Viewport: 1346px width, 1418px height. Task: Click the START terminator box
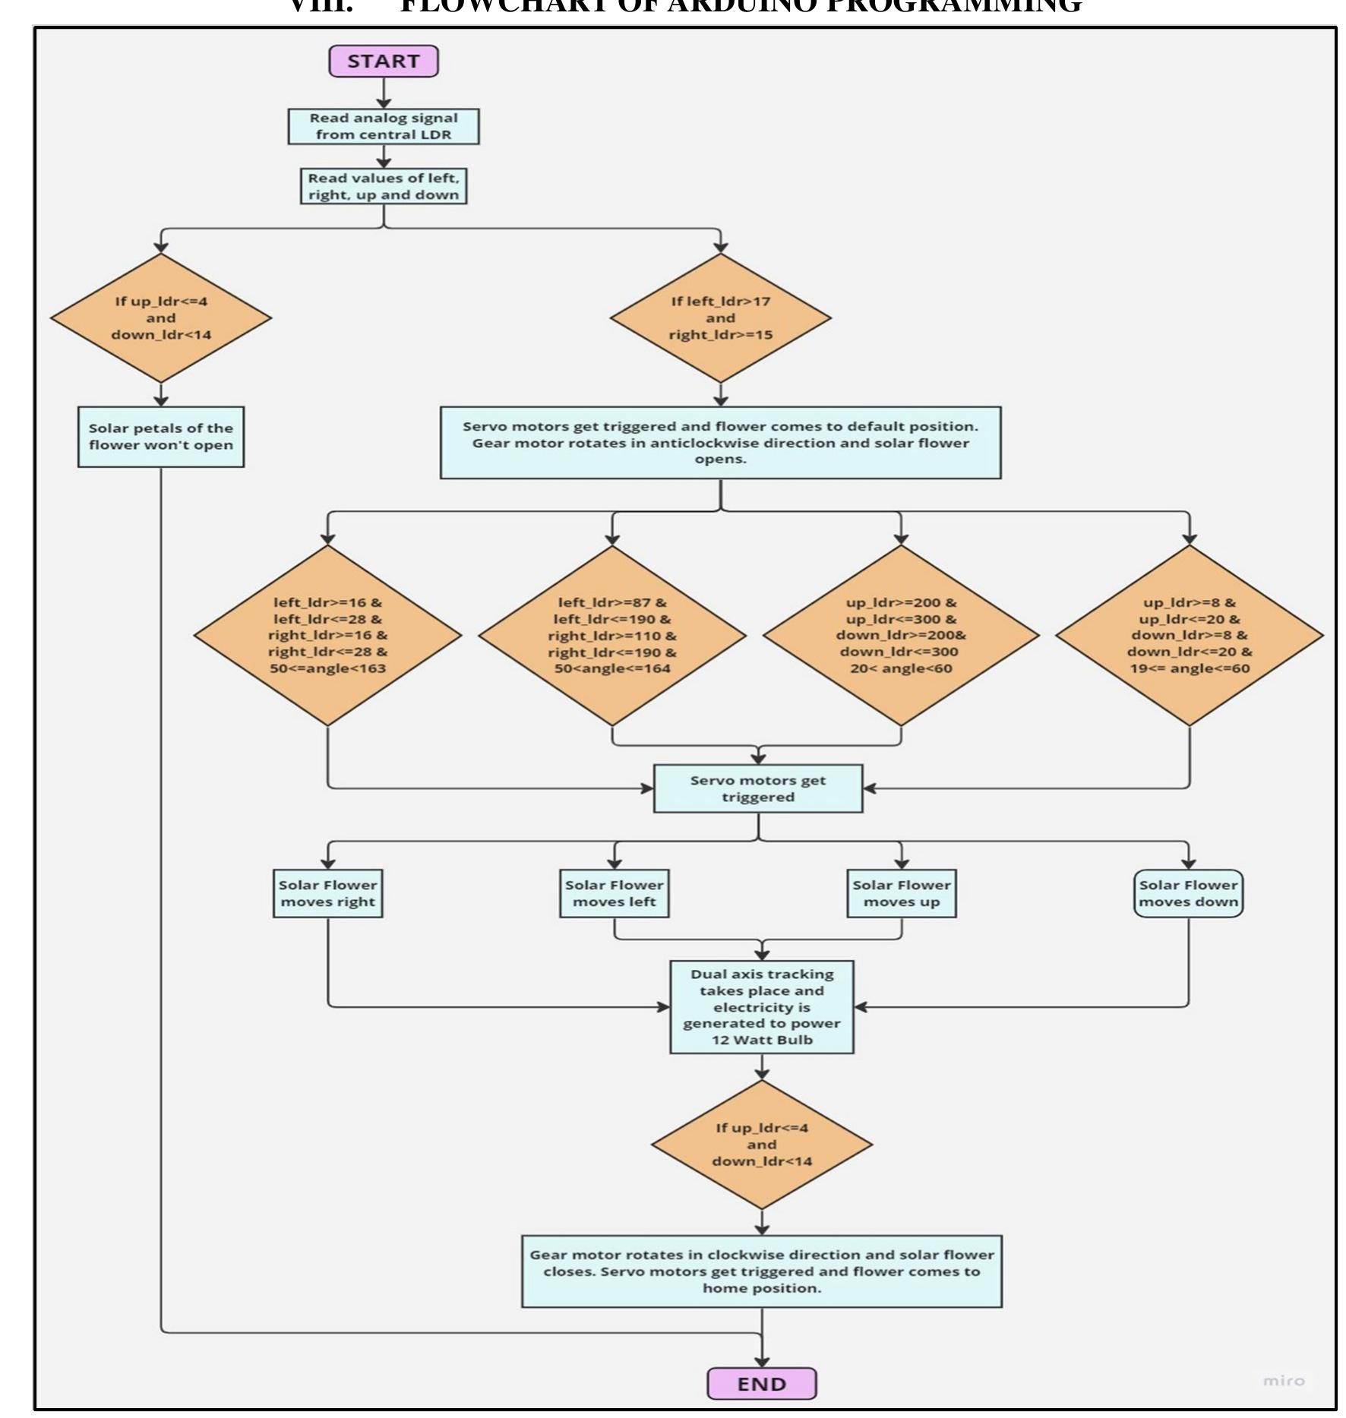click(x=384, y=62)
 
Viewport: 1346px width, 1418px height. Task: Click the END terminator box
click(x=761, y=1384)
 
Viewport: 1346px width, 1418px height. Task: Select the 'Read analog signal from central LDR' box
click(x=384, y=127)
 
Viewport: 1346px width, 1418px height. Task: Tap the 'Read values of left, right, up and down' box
click(x=384, y=187)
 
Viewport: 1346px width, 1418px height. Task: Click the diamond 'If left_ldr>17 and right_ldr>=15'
click(x=720, y=318)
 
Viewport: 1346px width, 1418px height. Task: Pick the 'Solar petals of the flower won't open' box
click(x=161, y=437)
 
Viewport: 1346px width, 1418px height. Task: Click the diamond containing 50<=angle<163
click(x=327, y=636)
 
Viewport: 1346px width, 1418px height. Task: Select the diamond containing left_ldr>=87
click(x=612, y=636)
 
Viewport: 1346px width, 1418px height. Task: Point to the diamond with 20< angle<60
click(x=901, y=636)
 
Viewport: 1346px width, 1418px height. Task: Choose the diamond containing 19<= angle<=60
click(x=1189, y=636)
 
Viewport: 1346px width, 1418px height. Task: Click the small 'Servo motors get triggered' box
click(x=758, y=788)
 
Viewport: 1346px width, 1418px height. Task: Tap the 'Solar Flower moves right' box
click(x=327, y=893)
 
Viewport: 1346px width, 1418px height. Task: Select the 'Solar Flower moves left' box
click(x=614, y=893)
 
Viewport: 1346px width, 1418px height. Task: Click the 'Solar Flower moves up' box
click(x=901, y=893)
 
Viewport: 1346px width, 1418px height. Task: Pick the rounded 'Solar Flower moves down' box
click(x=1188, y=893)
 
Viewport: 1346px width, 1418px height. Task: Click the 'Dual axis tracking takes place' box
click(x=762, y=1006)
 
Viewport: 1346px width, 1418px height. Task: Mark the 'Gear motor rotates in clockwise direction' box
click(x=762, y=1271)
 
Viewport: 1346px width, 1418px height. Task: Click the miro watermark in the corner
click(x=1283, y=1381)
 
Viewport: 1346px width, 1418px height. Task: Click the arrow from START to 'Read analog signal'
click(x=384, y=93)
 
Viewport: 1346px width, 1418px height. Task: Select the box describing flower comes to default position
click(x=720, y=443)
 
